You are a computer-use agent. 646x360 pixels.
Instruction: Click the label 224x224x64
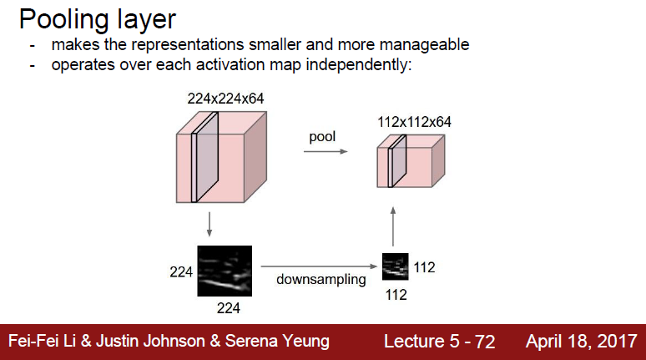pyautogui.click(x=225, y=99)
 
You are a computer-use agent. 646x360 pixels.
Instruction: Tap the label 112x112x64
pyautogui.click(x=414, y=122)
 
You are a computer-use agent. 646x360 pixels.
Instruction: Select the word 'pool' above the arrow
pyautogui.click(x=322, y=136)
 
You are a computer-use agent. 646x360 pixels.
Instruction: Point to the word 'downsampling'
pyautogui.click(x=321, y=279)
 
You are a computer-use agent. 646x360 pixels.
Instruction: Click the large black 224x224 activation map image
pyautogui.click(x=225, y=271)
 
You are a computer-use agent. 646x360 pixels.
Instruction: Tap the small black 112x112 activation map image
pyautogui.click(x=396, y=266)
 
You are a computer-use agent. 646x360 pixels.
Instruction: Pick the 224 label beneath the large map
pyautogui.click(x=228, y=308)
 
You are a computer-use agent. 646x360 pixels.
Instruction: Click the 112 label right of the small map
pyautogui.click(x=424, y=267)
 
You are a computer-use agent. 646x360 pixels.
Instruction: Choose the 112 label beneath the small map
pyautogui.click(x=396, y=294)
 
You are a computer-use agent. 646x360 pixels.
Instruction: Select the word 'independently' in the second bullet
pyautogui.click(x=364, y=64)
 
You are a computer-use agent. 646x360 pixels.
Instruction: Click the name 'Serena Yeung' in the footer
pyautogui.click(x=286, y=342)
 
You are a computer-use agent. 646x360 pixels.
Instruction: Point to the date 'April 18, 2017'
pyautogui.click(x=581, y=342)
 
